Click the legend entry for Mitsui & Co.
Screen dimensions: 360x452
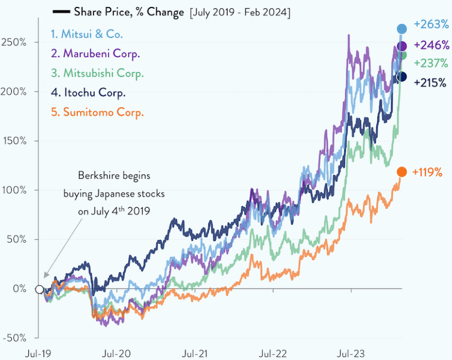click(86, 35)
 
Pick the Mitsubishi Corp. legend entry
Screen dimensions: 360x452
click(97, 73)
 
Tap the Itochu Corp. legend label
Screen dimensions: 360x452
click(88, 93)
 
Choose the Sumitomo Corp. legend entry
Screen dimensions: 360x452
click(97, 113)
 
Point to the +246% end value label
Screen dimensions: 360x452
click(430, 46)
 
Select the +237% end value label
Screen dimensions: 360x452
click(430, 63)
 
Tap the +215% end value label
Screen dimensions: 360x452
click(430, 83)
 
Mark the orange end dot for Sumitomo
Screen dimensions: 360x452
click(402, 172)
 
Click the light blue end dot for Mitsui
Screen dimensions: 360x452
click(402, 29)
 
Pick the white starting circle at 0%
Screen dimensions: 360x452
click(39, 289)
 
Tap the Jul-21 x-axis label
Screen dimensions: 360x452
click(194, 353)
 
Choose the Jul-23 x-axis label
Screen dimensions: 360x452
click(350, 353)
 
